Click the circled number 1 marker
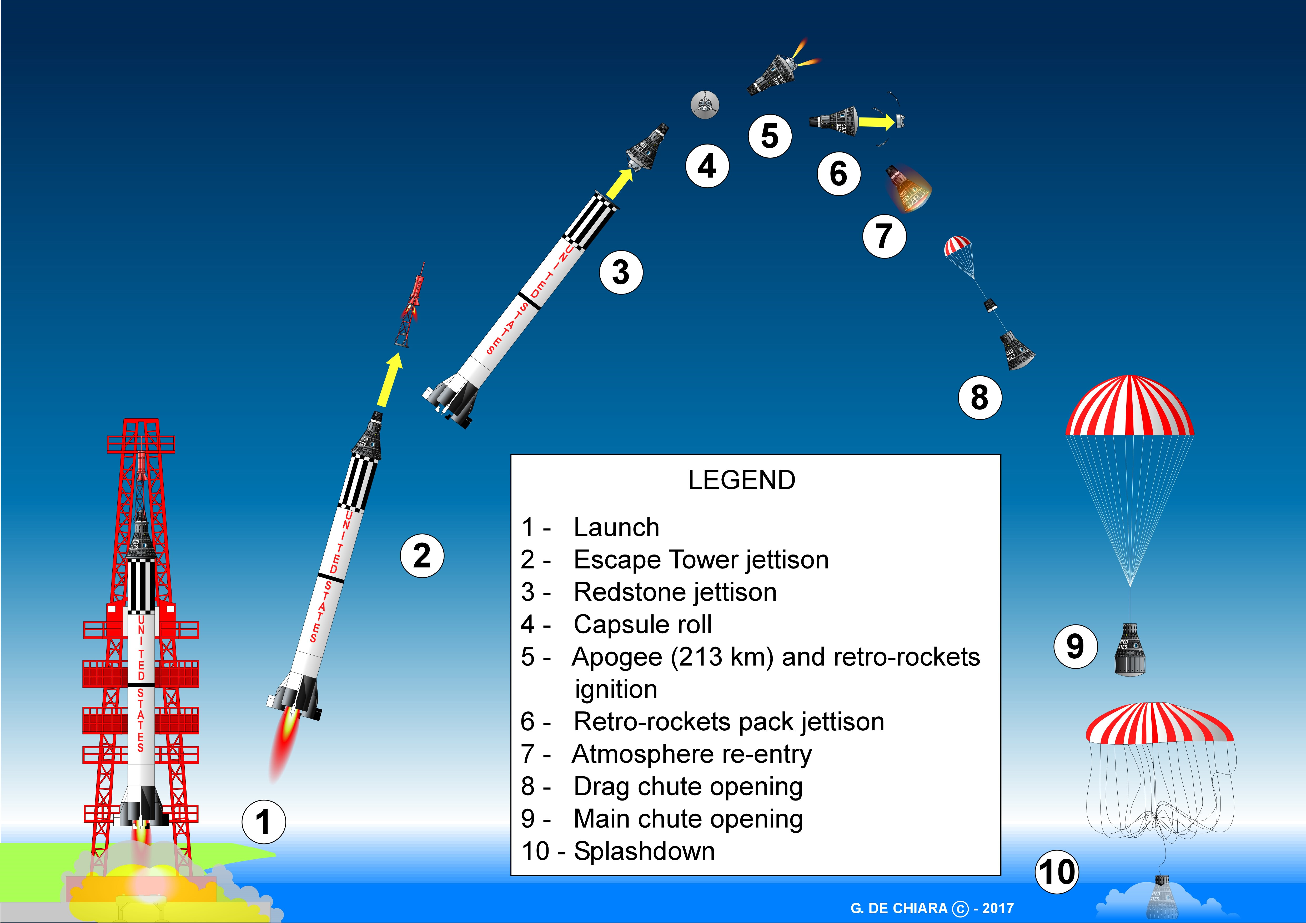coord(263,822)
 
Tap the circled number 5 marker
coord(770,136)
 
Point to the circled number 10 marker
coord(1057,872)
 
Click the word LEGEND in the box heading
coord(742,480)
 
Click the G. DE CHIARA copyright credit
coord(932,908)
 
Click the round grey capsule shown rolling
coord(705,105)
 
